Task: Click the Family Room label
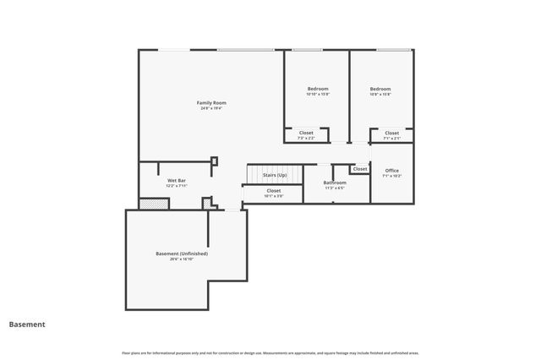(x=211, y=102)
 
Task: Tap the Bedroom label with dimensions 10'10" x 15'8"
(x=318, y=89)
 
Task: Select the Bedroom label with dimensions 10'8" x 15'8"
(x=380, y=89)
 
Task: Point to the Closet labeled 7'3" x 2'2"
(x=306, y=133)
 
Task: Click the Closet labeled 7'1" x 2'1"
(x=392, y=133)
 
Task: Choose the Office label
(x=392, y=170)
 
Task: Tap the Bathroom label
(x=335, y=183)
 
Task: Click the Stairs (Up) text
(x=275, y=175)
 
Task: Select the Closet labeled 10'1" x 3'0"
(x=274, y=191)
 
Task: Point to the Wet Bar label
(x=177, y=181)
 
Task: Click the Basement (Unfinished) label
(x=182, y=254)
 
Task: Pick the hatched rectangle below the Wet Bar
(x=153, y=203)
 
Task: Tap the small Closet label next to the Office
(x=360, y=169)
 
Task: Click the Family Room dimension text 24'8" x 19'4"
(x=211, y=109)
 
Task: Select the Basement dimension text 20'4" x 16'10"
(x=182, y=259)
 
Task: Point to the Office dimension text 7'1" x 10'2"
(x=392, y=176)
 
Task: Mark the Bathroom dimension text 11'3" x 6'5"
(x=335, y=188)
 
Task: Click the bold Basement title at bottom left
(x=27, y=324)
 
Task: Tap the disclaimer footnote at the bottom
(x=270, y=352)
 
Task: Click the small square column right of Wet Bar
(x=214, y=161)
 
